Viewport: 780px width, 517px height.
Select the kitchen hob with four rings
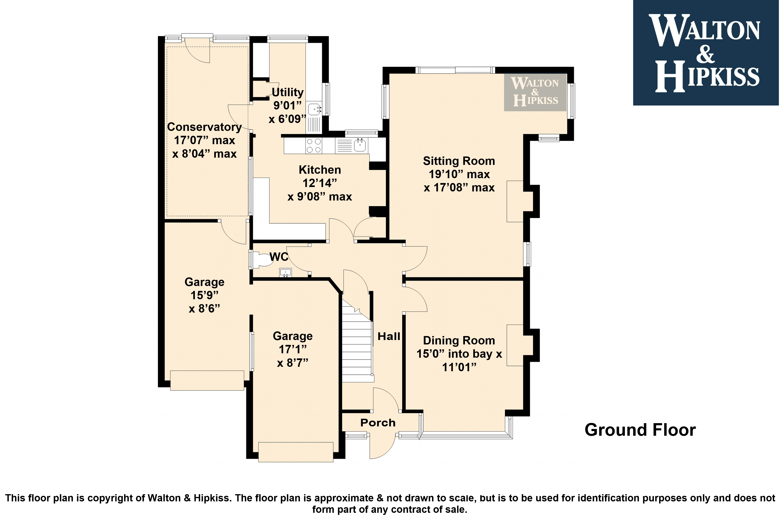click(314, 146)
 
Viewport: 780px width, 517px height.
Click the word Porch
click(378, 423)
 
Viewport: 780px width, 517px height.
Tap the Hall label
click(389, 336)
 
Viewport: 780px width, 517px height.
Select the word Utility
click(287, 92)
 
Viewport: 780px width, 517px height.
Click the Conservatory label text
click(204, 127)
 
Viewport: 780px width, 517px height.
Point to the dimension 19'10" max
click(459, 174)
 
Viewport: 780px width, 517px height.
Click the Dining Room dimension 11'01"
click(459, 367)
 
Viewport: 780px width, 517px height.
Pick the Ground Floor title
click(640, 430)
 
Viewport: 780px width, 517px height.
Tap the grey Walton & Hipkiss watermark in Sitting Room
click(535, 92)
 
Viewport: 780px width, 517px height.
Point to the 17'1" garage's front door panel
click(296, 452)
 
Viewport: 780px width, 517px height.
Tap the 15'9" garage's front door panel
click(207, 381)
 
